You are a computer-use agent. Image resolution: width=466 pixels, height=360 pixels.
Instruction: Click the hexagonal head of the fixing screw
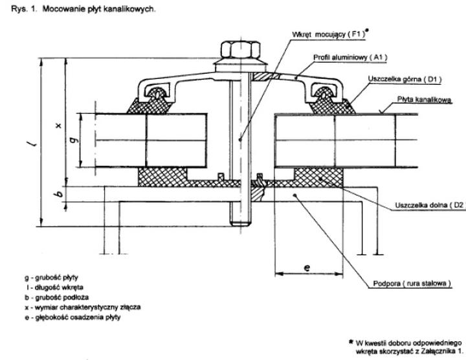pyautogui.click(x=240, y=50)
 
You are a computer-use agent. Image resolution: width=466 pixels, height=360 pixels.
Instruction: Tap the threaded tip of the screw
pyautogui.click(x=240, y=222)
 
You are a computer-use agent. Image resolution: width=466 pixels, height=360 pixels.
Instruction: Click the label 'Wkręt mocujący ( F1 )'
pyautogui.click(x=328, y=34)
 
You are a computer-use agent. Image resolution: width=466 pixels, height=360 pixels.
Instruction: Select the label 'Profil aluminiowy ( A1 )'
pyautogui.click(x=350, y=58)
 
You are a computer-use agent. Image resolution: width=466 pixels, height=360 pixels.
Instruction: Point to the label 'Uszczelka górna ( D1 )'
pyautogui.click(x=405, y=80)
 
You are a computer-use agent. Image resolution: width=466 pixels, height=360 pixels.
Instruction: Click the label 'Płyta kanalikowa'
pyautogui.click(x=425, y=100)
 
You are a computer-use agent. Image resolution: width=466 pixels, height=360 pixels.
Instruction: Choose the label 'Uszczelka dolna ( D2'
pyautogui.click(x=429, y=205)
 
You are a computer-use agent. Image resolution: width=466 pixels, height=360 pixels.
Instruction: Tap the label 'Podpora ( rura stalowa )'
pyautogui.click(x=412, y=284)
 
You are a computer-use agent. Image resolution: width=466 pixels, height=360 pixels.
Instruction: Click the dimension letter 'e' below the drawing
pyautogui.click(x=307, y=268)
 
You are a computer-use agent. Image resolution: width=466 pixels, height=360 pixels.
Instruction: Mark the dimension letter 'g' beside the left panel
pyautogui.click(x=76, y=139)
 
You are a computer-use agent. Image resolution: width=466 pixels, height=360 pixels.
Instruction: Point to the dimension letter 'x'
pyautogui.click(x=59, y=125)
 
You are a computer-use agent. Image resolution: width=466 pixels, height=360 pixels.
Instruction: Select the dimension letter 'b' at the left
pyautogui.click(x=60, y=194)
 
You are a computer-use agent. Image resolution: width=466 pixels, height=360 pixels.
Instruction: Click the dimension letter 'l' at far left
pyautogui.click(x=35, y=144)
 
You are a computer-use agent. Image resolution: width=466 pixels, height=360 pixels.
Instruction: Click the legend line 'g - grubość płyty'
pyautogui.click(x=51, y=278)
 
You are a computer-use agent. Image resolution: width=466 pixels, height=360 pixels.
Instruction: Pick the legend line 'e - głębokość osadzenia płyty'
pyautogui.click(x=72, y=317)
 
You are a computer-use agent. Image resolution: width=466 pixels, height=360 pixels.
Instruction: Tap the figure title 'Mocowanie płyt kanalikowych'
pyautogui.click(x=99, y=9)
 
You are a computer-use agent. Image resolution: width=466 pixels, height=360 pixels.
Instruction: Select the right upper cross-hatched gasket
pyautogui.click(x=331, y=102)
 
